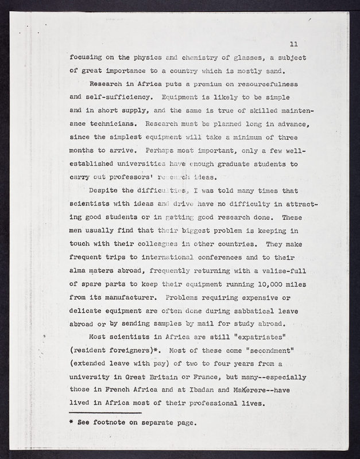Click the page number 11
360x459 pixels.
point(293,44)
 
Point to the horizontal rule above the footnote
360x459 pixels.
point(106,413)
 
